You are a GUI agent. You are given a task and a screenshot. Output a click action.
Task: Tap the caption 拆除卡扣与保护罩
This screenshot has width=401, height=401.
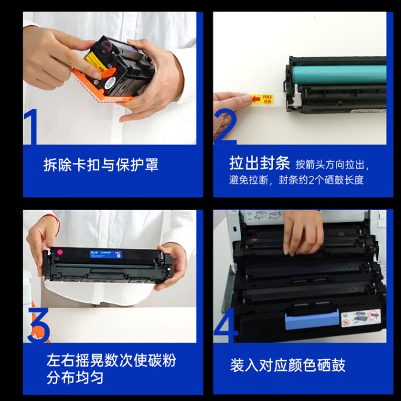pos(101,165)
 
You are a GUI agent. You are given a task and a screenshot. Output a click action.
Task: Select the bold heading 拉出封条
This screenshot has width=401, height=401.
pos(259,163)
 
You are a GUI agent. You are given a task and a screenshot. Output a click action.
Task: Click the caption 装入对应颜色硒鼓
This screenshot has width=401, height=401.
pos(288,364)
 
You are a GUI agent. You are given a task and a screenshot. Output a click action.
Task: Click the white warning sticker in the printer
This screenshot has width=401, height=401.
pos(360,318)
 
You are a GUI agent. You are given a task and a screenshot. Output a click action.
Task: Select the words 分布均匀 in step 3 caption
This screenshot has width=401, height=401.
pos(75,377)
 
